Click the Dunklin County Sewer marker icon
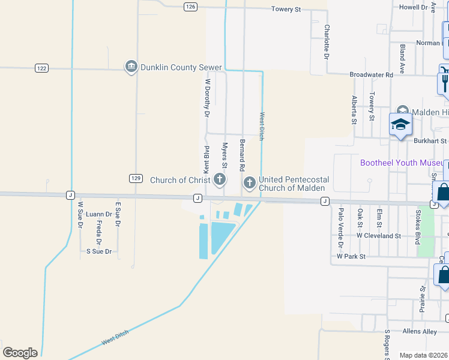point(131,67)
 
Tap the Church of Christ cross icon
point(220,179)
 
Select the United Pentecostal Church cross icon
point(249,181)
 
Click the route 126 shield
point(190,6)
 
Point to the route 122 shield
point(41,68)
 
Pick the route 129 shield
point(135,178)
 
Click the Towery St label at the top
point(286,9)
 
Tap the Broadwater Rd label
point(371,75)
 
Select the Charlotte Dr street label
point(327,41)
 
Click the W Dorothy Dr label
point(207,97)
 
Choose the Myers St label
point(224,155)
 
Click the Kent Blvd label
point(206,161)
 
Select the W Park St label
point(351,256)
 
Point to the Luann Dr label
point(99,214)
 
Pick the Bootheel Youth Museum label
point(401,163)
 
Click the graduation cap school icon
point(400,125)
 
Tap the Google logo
point(20,353)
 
